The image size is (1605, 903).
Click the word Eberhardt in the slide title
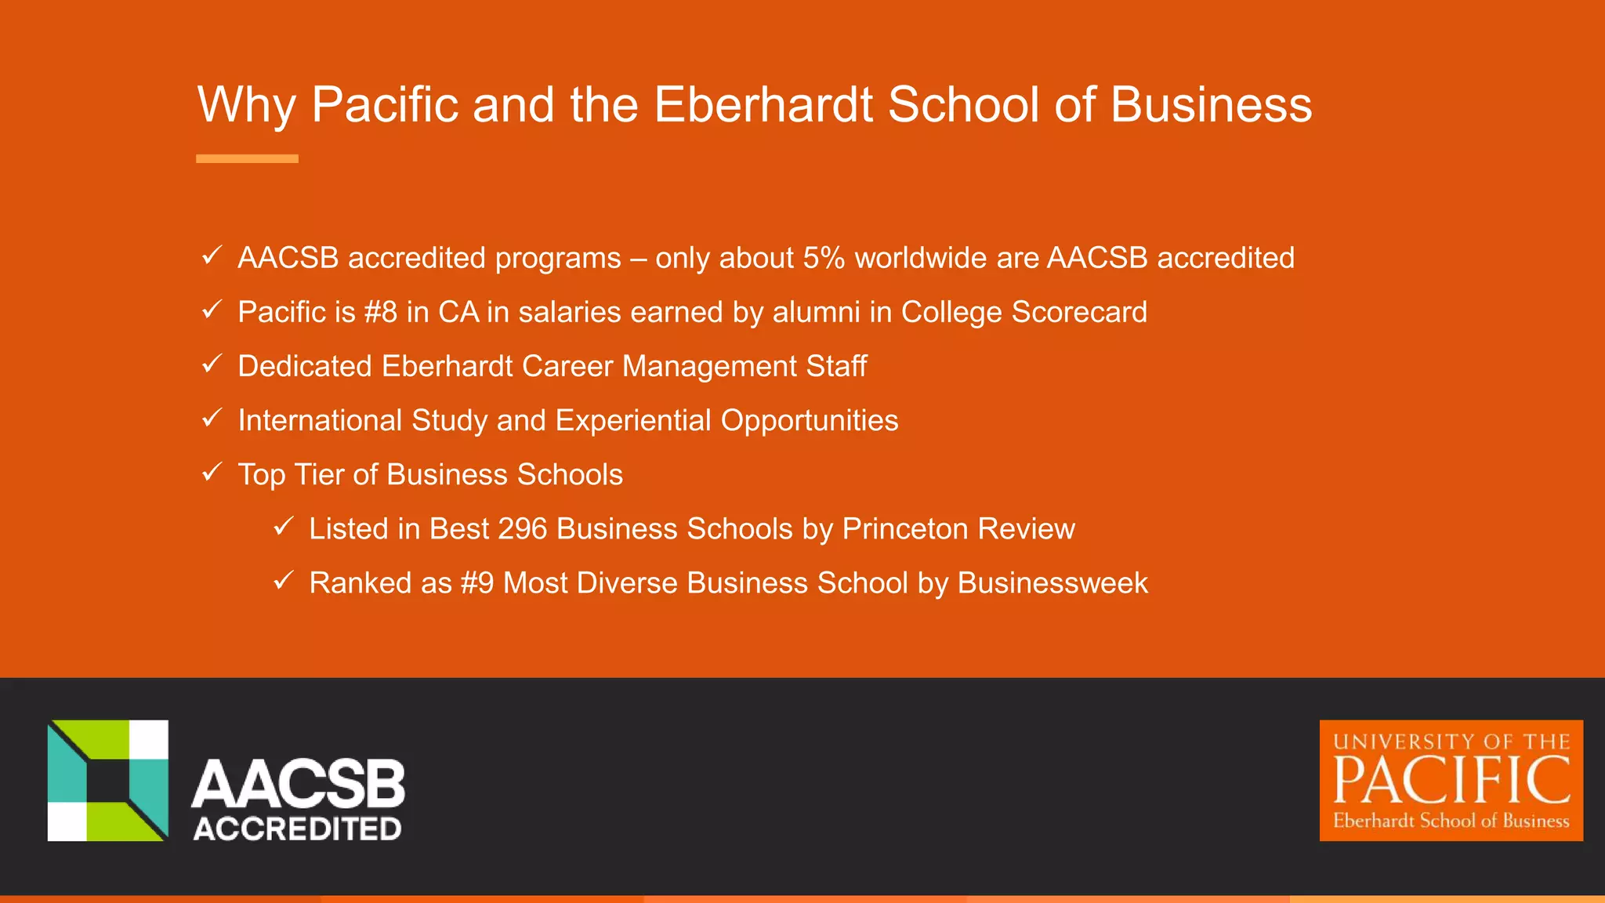tap(763, 104)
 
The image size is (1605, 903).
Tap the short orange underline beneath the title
tap(247, 158)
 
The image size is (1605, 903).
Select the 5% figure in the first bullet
tap(824, 258)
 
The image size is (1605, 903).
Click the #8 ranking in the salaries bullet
tap(381, 312)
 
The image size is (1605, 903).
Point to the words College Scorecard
tap(1024, 312)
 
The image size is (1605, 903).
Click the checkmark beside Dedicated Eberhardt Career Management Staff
tap(212, 364)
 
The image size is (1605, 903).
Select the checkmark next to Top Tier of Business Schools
tap(212, 473)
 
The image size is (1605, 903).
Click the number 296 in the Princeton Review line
tap(522, 529)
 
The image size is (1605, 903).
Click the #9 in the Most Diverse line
tap(477, 583)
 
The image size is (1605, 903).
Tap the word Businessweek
tap(1052, 583)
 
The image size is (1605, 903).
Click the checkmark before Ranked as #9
tap(283, 581)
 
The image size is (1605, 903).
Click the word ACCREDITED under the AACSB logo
tap(298, 829)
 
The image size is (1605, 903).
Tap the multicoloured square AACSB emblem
tap(108, 781)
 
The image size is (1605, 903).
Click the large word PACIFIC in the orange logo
tap(1451, 781)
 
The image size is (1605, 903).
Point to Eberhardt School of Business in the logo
tap(1451, 821)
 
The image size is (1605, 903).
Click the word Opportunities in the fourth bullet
tap(809, 420)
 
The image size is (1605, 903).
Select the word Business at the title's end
tap(1211, 104)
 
